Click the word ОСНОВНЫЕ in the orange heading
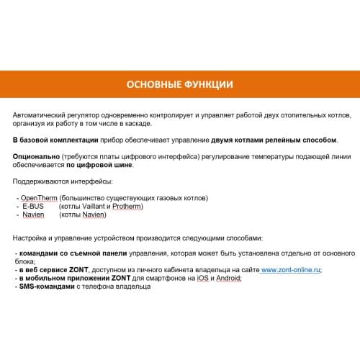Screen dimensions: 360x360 click(x=154, y=85)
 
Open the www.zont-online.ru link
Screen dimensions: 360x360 click(x=290, y=270)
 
